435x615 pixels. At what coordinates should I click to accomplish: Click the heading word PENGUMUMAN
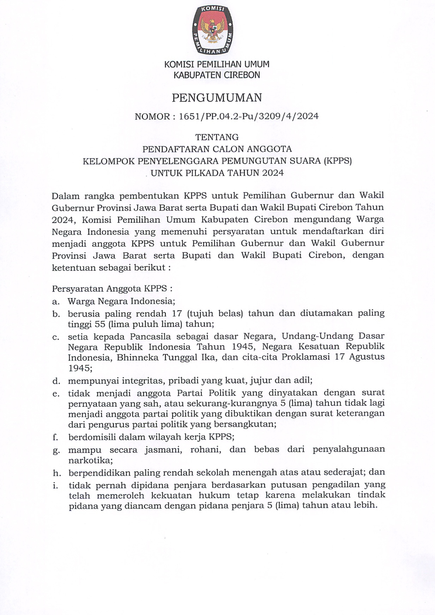[x=217, y=98]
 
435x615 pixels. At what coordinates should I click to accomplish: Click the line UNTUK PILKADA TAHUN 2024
[x=217, y=173]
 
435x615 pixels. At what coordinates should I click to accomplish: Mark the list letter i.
[x=55, y=485]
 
